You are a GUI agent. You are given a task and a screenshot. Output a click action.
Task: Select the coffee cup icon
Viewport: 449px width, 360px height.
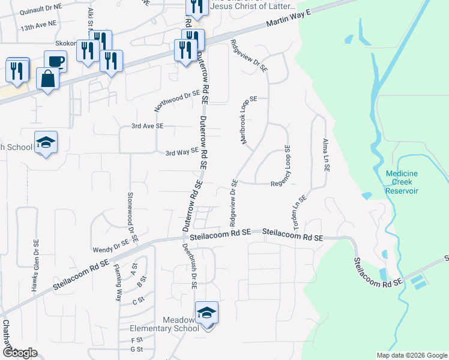(x=55, y=61)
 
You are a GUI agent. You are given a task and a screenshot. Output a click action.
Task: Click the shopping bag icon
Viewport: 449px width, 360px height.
(x=47, y=78)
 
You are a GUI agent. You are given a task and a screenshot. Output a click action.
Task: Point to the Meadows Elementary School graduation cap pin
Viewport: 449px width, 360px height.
(x=206, y=313)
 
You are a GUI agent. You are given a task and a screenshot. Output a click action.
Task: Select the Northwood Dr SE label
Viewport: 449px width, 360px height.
(x=176, y=101)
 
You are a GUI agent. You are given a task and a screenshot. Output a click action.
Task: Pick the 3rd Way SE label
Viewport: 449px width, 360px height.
(x=182, y=152)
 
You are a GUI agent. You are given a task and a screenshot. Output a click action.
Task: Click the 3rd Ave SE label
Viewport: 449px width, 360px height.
(x=147, y=126)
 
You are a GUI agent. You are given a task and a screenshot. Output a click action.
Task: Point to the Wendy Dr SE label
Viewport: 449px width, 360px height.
(x=111, y=246)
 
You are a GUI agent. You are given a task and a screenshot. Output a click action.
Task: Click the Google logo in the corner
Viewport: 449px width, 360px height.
(x=20, y=353)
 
